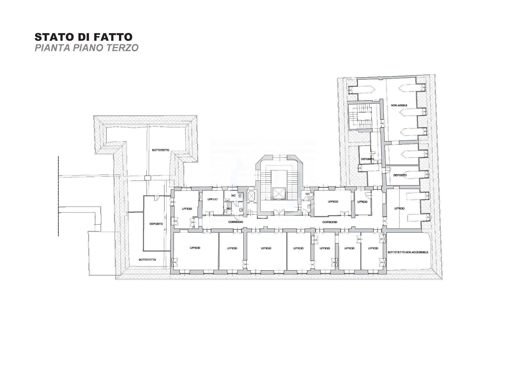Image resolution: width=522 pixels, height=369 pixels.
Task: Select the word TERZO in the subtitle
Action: [124, 48]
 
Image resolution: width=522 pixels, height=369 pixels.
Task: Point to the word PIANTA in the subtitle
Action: [51, 48]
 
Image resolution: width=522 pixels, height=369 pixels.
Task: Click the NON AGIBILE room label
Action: [399, 105]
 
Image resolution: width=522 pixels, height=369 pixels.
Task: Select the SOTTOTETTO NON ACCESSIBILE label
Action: [408, 252]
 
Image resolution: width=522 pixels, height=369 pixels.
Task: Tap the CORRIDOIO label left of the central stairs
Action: [236, 222]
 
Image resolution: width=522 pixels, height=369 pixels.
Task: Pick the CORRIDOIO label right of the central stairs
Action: [330, 222]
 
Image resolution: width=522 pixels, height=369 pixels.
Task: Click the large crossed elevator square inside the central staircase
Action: [278, 193]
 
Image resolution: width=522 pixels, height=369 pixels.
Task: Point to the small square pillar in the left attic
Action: [147, 178]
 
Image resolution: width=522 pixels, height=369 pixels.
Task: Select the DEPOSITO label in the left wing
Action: [156, 224]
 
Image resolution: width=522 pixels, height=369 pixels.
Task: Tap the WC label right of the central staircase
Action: [307, 194]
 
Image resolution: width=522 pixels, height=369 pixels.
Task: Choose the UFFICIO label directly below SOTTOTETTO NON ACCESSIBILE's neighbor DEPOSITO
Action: [399, 208]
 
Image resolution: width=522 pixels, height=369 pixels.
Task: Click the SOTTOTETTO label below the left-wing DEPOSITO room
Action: [147, 260]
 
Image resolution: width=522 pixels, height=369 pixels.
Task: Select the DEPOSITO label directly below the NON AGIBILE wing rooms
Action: [400, 175]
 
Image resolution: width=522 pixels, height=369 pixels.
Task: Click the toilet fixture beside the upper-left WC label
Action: [240, 195]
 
